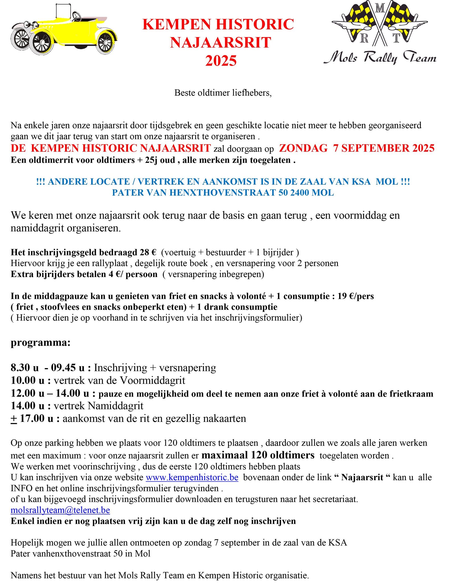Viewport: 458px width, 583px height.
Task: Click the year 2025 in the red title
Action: [221, 61]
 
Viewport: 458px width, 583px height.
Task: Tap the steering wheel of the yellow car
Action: [76, 17]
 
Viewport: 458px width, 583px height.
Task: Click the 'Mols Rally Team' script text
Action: [380, 58]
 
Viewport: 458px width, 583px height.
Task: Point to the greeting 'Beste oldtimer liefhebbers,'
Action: [223, 93]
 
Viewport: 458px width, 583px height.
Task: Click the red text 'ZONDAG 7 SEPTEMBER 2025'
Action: [357, 148]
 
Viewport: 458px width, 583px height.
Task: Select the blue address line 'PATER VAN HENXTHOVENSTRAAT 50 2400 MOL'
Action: [223, 193]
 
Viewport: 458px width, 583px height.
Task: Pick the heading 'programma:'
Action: [40, 342]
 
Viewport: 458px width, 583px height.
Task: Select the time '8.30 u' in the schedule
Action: [24, 368]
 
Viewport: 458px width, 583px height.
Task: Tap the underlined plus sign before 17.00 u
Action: [14, 418]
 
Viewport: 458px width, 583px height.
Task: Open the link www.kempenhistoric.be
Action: [192, 477]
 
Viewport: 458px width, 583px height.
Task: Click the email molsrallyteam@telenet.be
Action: [60, 510]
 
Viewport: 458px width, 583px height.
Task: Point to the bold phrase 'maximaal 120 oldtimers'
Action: [258, 455]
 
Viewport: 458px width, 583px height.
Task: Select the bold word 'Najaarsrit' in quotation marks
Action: [362, 477]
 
